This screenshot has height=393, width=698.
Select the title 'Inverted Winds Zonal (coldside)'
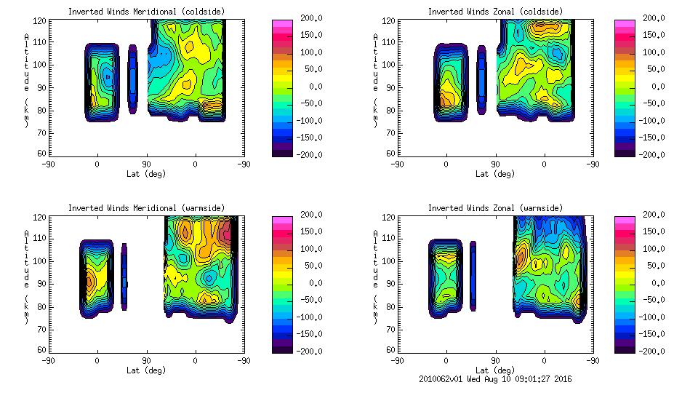click(x=494, y=12)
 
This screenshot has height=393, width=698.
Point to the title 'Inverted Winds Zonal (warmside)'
click(x=494, y=208)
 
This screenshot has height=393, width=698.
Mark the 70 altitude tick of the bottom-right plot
click(x=386, y=328)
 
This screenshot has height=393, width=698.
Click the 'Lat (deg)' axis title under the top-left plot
click(x=146, y=174)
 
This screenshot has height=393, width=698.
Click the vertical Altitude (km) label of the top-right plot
click(x=375, y=80)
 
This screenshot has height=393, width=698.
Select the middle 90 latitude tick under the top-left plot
click(x=146, y=164)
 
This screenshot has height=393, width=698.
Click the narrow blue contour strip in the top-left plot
click(x=132, y=79)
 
